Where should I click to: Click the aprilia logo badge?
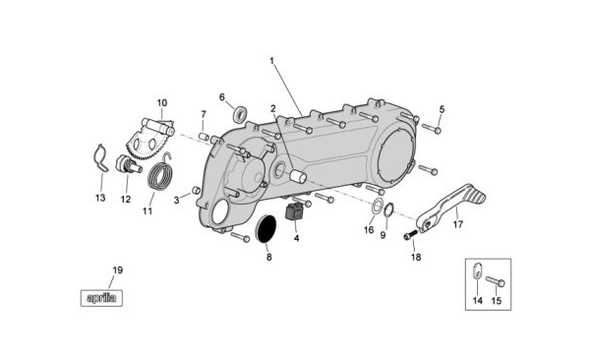tap(101, 298)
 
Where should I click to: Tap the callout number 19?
tap(117, 270)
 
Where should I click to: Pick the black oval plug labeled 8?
tap(266, 228)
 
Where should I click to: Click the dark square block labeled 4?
tap(294, 210)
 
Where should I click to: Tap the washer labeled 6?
tap(239, 113)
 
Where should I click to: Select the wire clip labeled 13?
tap(100, 158)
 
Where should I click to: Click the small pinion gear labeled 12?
tap(128, 164)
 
